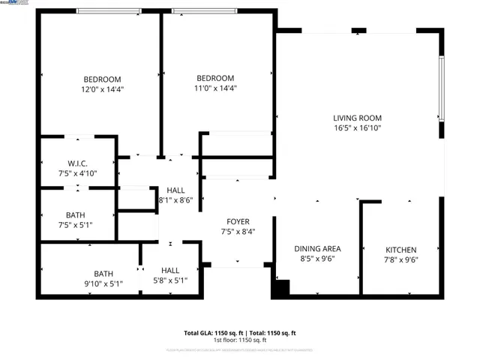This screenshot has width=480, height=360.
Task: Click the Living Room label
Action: click(x=358, y=118)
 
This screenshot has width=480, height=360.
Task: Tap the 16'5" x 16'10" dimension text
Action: click(x=358, y=128)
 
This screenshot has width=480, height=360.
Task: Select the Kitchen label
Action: click(x=401, y=250)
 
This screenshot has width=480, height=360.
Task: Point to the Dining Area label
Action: click(x=317, y=248)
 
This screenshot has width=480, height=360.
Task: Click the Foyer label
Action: click(x=238, y=222)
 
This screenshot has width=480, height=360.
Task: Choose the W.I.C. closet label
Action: click(x=77, y=163)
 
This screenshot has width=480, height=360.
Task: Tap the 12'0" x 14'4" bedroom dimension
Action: click(x=102, y=89)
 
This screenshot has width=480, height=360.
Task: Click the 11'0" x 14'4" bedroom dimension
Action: click(x=215, y=88)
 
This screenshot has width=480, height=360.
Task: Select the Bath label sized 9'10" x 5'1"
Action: click(x=103, y=273)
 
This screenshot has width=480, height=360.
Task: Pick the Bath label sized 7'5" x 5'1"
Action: click(x=75, y=214)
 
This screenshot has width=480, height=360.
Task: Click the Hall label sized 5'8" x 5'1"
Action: click(x=170, y=271)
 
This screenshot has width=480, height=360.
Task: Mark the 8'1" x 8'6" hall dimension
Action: click(x=176, y=200)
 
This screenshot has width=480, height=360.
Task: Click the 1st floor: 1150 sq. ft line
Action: click(x=240, y=340)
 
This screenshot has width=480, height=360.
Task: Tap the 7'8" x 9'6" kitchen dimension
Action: click(x=401, y=259)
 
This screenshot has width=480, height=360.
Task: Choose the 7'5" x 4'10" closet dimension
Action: click(x=77, y=173)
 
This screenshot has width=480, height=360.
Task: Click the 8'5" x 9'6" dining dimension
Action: click(x=317, y=259)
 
